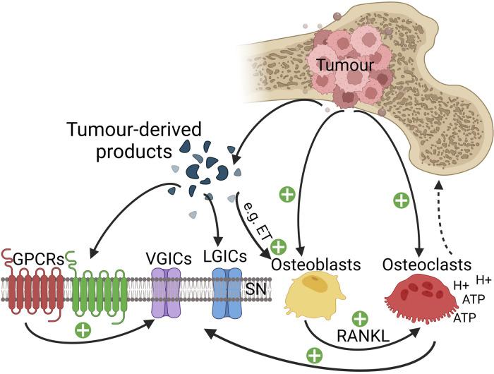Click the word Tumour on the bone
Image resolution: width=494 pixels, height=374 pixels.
click(x=341, y=65)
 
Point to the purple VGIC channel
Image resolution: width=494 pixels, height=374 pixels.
click(x=168, y=300)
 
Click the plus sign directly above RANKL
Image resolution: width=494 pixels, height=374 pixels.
click(x=361, y=319)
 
